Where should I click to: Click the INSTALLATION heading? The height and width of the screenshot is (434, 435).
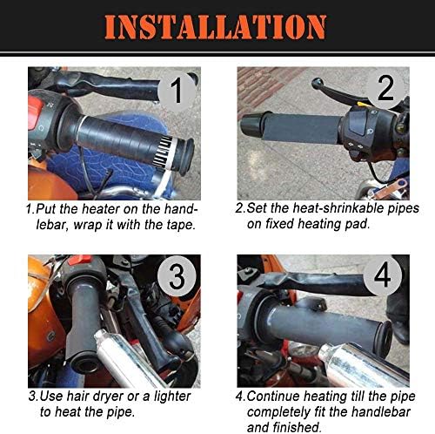pyautogui.click(x=216, y=27)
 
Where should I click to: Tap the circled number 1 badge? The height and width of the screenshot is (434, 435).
pyautogui.click(x=177, y=91)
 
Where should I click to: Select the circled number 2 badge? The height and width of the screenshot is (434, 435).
pyautogui.click(x=385, y=88)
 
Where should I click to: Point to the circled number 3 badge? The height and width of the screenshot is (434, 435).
pyautogui.click(x=177, y=276)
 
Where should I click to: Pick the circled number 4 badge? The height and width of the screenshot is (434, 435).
pyautogui.click(x=383, y=275)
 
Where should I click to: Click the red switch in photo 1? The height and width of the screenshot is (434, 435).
pyautogui.click(x=35, y=112)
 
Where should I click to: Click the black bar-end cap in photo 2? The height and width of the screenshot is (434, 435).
pyautogui.click(x=251, y=125)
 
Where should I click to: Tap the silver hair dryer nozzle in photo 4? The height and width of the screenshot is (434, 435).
pyautogui.click(x=363, y=363)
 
